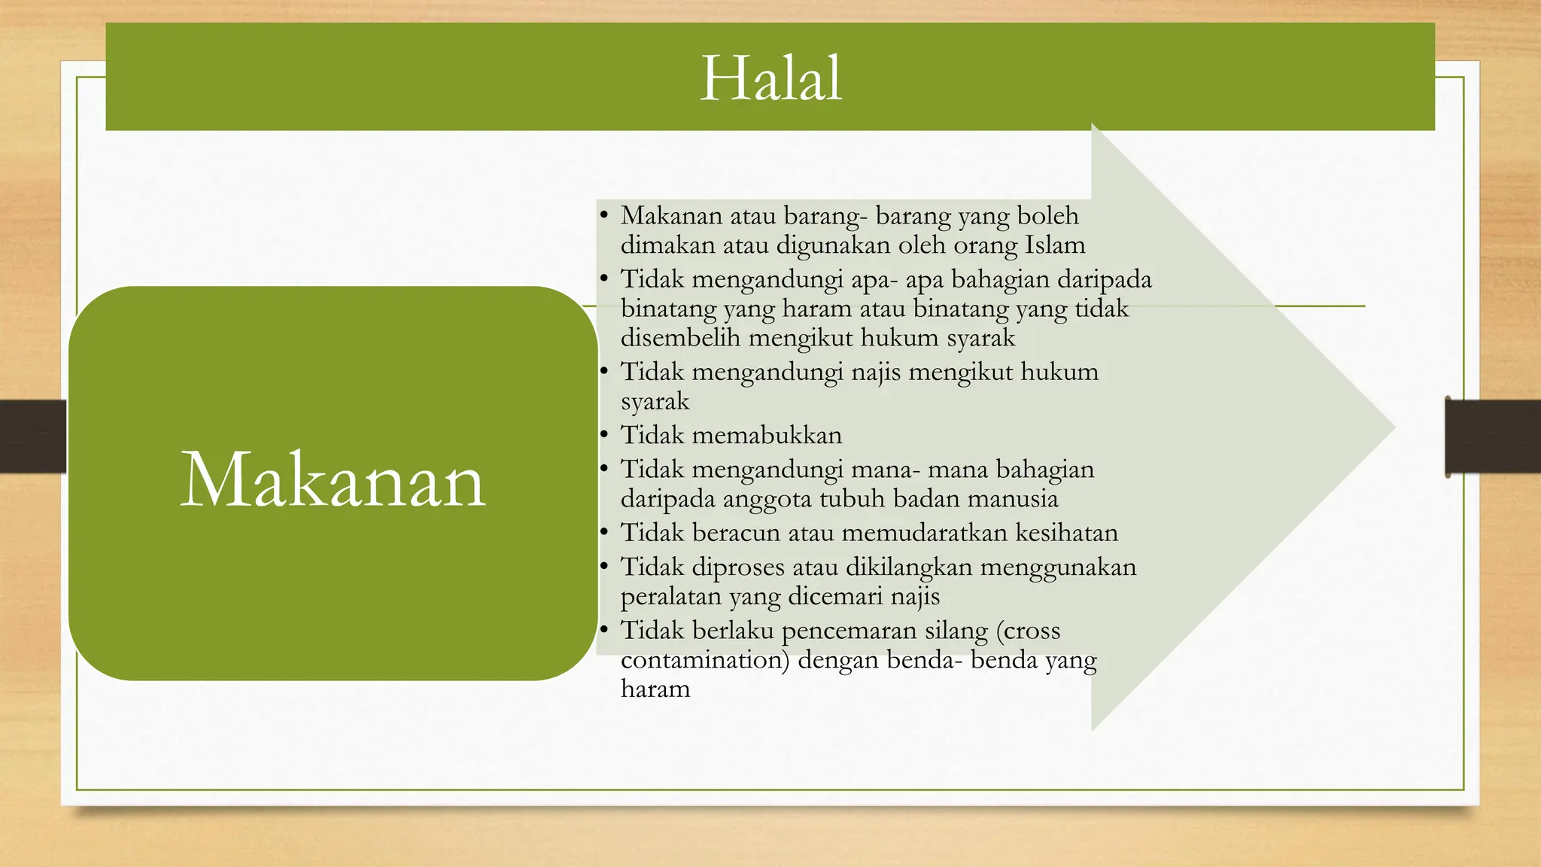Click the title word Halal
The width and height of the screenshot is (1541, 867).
[770, 78]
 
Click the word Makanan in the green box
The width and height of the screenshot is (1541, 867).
[333, 480]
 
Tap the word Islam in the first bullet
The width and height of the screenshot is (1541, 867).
[1055, 245]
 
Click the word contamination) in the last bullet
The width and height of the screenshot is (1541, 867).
[704, 660]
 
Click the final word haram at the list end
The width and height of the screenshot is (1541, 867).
[655, 689]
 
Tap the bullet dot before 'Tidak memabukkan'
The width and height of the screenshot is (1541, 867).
[603, 434]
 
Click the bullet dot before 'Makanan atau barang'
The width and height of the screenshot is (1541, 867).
[603, 215]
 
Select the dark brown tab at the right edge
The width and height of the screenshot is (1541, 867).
[1493, 437]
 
